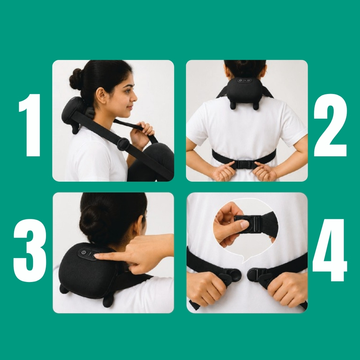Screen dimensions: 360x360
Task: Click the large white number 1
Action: click(30, 125)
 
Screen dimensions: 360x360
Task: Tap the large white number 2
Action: click(330, 125)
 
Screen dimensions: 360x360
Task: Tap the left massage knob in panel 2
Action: click(233, 106)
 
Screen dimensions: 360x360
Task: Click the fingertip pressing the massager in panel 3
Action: click(97, 256)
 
